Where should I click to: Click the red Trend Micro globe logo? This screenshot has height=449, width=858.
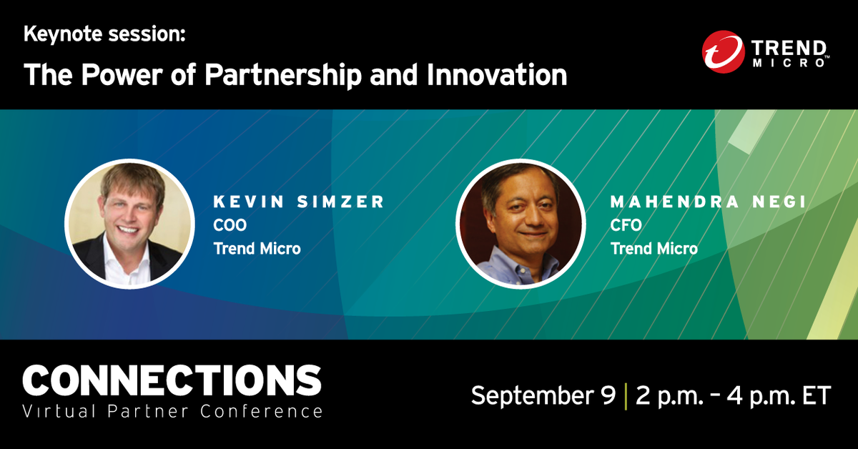(724, 52)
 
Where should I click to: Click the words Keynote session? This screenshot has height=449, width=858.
(104, 34)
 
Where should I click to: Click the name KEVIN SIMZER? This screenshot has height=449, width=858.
(299, 202)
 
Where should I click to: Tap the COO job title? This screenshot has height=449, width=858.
(230, 225)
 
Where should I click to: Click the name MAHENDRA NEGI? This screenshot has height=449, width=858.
(709, 202)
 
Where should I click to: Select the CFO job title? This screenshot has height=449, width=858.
(626, 225)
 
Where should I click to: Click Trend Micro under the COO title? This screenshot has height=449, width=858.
(257, 249)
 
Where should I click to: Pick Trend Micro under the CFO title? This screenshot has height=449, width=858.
(654, 249)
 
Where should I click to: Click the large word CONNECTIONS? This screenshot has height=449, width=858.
(172, 380)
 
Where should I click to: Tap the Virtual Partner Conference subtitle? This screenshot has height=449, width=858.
(172, 412)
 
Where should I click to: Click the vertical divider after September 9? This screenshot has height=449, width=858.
(626, 395)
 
